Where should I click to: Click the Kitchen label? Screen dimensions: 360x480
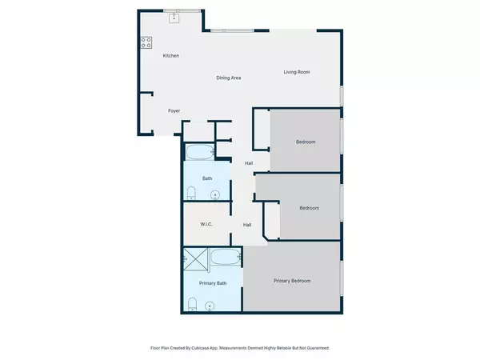[170, 56]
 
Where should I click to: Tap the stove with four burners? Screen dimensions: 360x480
[147, 43]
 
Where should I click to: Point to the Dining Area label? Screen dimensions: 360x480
[229, 78]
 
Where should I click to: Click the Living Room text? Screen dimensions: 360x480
[296, 73]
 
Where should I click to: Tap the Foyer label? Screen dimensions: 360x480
[174, 110]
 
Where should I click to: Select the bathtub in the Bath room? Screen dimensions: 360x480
[199, 151]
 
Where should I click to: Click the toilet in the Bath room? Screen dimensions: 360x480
[191, 193]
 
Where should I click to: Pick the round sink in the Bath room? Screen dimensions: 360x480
[215, 194]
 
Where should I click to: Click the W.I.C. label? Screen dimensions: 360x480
[206, 225]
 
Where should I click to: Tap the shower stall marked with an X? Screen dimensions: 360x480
[194, 258]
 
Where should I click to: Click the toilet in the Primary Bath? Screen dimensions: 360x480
[192, 303]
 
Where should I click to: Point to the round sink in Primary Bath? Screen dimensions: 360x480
[210, 305]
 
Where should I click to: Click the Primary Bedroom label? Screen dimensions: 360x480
[292, 281]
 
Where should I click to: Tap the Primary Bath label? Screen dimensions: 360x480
[211, 283]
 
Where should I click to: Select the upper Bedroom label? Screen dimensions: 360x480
[306, 142]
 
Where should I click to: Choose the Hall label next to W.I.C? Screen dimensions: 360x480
[247, 225]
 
